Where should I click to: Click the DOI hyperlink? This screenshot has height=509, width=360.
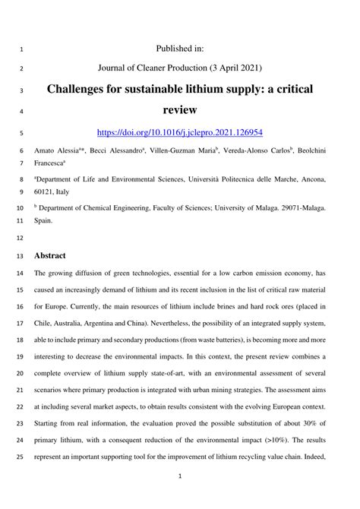click(180, 131)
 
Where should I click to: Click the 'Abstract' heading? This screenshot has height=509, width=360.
click(52, 255)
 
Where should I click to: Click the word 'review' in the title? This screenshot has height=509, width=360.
click(180, 111)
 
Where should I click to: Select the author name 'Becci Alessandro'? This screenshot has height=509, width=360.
click(113, 151)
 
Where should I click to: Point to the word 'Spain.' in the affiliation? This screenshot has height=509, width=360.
click(43, 221)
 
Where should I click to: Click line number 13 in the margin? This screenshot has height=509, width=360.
click(19, 256)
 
